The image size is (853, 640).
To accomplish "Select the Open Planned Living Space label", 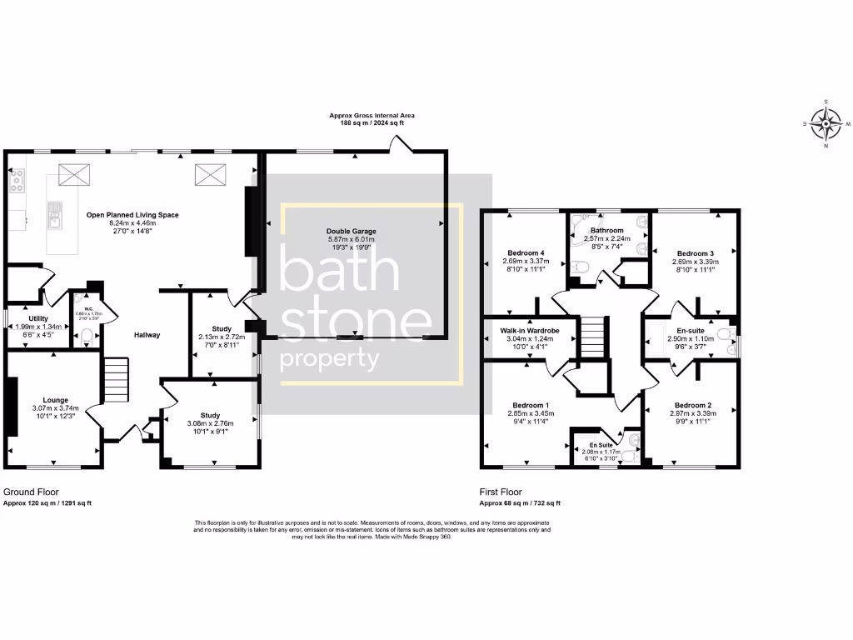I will click(x=132, y=215).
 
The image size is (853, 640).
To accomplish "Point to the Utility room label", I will click(x=38, y=318).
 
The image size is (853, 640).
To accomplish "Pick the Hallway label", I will click(x=147, y=335).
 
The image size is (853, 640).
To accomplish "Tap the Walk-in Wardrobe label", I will click(x=529, y=332).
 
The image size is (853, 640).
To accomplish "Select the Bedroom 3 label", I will click(x=696, y=253).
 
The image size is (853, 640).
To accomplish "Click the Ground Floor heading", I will click(x=32, y=492).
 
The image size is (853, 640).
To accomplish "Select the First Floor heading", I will click(x=502, y=492).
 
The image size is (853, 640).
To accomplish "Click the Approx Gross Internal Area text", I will click(x=372, y=115).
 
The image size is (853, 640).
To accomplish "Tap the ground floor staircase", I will click(x=116, y=378).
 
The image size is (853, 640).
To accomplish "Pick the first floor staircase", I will click(x=591, y=337).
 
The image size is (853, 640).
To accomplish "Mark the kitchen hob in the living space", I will click(x=16, y=180).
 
